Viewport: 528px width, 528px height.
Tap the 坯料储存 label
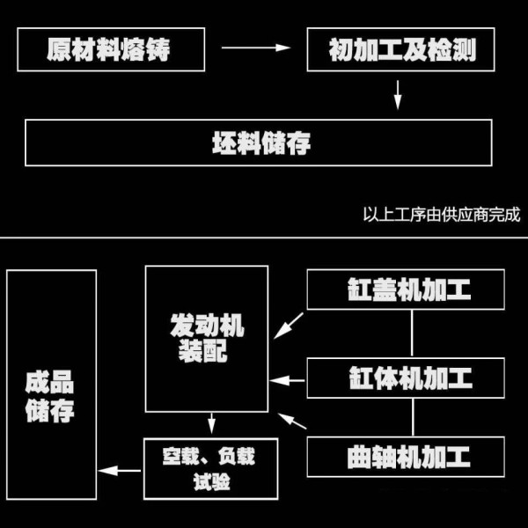[x=261, y=143]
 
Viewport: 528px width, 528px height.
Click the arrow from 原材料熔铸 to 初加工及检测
[x=256, y=48]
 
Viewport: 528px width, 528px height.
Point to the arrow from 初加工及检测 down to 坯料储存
[x=398, y=95]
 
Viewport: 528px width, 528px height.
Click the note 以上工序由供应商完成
[x=442, y=214]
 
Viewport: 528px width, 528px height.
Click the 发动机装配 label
[x=207, y=338]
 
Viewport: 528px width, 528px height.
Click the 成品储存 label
[x=49, y=396]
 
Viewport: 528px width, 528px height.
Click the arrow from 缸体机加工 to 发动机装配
[x=287, y=380]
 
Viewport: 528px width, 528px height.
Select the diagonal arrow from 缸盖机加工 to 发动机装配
[x=289, y=326]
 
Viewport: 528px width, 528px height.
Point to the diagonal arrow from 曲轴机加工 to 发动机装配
[x=292, y=421]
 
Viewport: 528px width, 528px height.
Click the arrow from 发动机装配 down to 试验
[x=211, y=423]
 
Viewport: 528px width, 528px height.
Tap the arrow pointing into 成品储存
[x=120, y=471]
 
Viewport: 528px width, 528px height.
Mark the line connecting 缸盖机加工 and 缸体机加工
[x=412, y=334]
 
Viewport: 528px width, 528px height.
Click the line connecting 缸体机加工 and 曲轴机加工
[x=413, y=417]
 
